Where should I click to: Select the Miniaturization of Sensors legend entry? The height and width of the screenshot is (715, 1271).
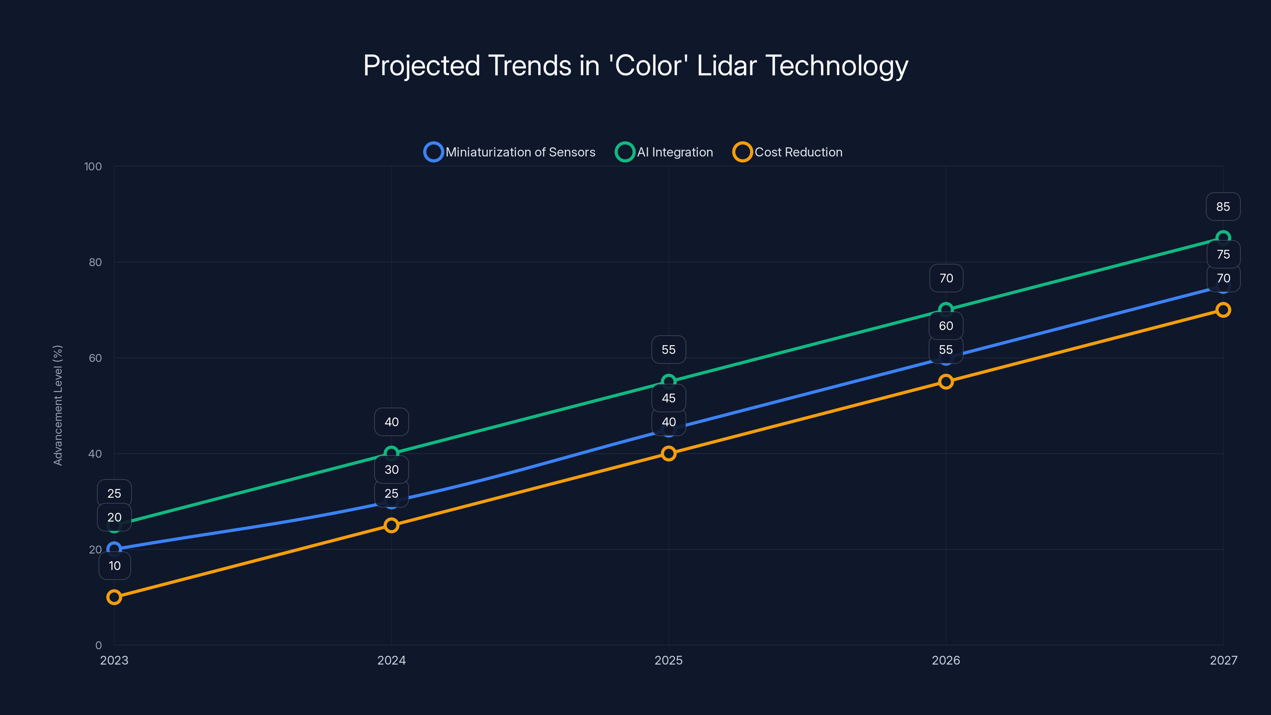click(510, 152)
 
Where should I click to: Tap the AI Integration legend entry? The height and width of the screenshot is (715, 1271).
click(664, 152)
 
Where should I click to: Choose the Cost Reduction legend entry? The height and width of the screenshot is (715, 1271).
click(788, 152)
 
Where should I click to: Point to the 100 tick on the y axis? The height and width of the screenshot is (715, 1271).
click(93, 166)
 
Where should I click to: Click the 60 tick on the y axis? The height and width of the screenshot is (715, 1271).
click(95, 358)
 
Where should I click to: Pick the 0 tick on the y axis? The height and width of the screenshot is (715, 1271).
click(98, 645)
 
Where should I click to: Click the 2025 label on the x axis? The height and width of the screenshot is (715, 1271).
click(668, 660)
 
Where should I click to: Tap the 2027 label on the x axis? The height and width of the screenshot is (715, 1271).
click(1223, 660)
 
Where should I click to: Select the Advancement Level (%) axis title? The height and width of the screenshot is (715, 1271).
click(58, 405)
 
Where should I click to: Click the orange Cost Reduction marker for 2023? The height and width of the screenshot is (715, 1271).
click(114, 597)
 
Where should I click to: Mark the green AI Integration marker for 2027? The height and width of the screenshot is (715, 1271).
click(1223, 238)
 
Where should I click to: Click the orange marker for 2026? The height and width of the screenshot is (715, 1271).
click(946, 381)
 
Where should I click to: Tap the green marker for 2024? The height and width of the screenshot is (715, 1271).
click(391, 453)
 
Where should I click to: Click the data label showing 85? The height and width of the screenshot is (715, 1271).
click(1223, 207)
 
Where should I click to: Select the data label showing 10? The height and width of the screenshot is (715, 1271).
click(114, 566)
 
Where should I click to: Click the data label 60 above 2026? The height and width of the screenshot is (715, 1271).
click(946, 326)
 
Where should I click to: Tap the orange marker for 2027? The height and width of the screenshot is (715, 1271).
click(1223, 310)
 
